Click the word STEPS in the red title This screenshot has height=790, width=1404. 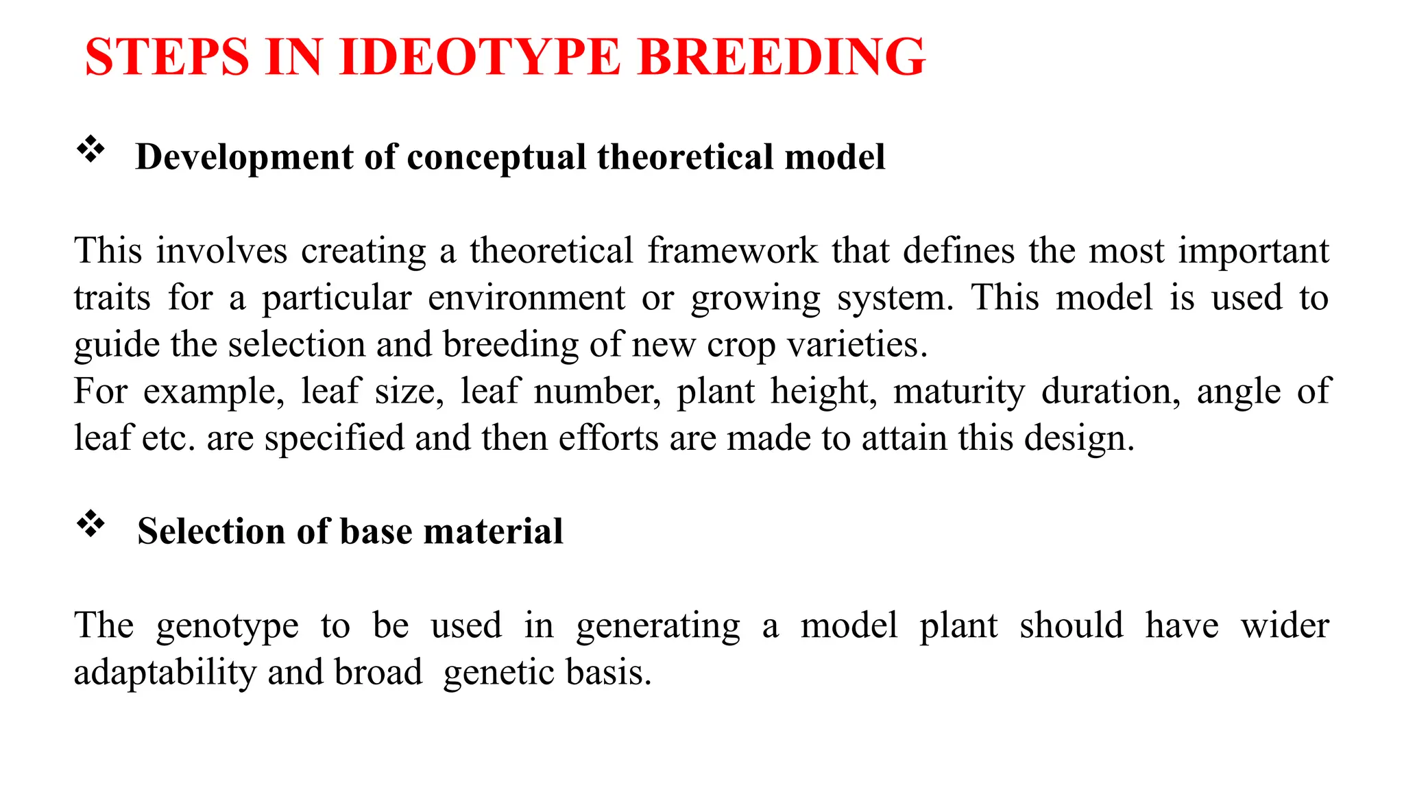click(167, 57)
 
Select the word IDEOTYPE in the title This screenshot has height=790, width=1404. click(480, 57)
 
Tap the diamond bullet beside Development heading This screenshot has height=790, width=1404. click(90, 149)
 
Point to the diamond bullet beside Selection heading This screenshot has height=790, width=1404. click(90, 525)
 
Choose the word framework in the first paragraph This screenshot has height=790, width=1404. click(732, 251)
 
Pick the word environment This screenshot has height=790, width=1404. click(526, 298)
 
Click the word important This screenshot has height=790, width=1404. click(1253, 251)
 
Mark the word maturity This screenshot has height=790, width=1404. click(959, 392)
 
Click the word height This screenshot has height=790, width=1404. click(823, 392)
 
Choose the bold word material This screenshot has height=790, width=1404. click(493, 531)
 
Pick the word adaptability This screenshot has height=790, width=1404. click(165, 673)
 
